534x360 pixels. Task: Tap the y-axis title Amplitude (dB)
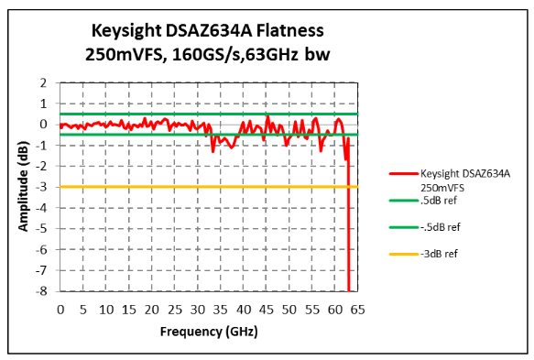coord(22,186)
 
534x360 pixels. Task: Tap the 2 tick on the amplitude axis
coord(43,82)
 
